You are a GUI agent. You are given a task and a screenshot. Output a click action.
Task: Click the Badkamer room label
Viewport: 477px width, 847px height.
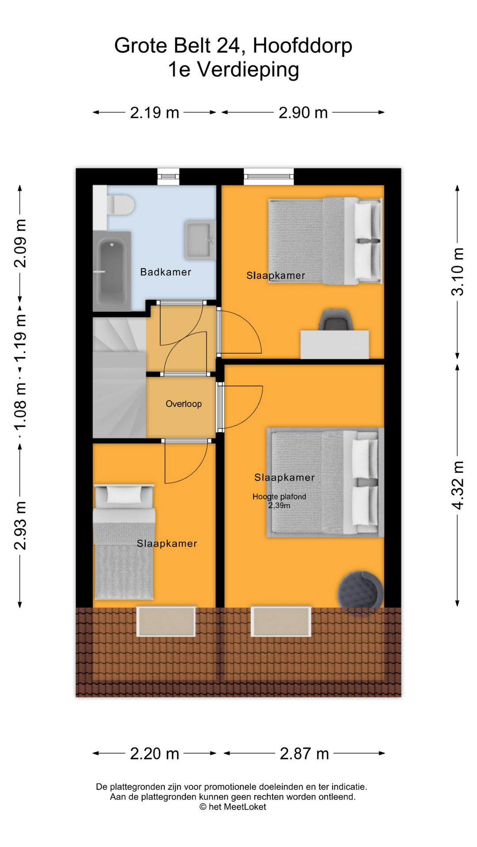(166, 272)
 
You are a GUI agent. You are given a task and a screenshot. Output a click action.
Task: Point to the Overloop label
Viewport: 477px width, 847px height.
(184, 404)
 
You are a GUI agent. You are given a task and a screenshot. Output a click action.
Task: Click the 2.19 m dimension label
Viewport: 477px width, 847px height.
(155, 113)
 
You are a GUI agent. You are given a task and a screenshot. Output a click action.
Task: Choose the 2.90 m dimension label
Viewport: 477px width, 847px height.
(303, 113)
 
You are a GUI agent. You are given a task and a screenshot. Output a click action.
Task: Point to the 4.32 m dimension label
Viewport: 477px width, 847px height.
(458, 485)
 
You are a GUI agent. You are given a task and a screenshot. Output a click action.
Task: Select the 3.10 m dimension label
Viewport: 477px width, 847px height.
(458, 272)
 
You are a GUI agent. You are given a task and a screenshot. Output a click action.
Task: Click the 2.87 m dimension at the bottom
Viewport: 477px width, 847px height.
(305, 753)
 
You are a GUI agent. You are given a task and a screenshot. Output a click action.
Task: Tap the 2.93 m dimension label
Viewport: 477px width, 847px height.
(20, 525)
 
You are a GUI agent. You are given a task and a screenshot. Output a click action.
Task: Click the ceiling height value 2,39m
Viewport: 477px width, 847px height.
(279, 506)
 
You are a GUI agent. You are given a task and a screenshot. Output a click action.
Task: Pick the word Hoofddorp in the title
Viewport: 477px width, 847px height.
(303, 46)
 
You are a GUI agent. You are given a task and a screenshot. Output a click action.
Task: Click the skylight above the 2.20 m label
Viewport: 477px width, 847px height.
(166, 621)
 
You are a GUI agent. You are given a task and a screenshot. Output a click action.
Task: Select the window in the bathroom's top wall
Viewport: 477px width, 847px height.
(168, 176)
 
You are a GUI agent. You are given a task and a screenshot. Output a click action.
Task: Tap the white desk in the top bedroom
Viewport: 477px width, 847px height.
(335, 345)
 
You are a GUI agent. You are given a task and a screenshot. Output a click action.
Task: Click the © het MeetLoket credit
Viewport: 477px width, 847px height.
(233, 807)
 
